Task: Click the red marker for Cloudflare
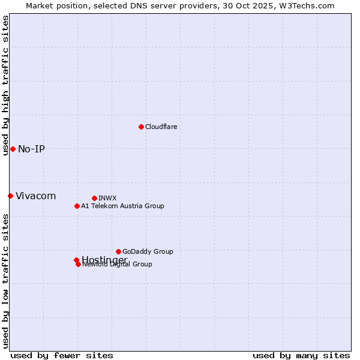coord(141,127)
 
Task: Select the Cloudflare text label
coord(161,127)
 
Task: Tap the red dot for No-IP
coord(13,149)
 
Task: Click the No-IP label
coord(31,149)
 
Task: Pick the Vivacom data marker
coord(10,196)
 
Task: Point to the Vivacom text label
coord(35,196)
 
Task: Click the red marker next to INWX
coord(94,198)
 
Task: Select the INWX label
coord(107,198)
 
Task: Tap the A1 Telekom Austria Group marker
coord(77,206)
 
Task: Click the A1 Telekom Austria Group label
coord(122,206)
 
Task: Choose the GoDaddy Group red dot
coord(118,251)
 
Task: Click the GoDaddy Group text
coord(148,251)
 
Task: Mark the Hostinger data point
coord(76,260)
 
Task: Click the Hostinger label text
coord(104,259)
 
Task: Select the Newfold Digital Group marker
coord(78,264)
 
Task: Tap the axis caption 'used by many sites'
coord(301,355)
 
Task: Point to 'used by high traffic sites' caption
coord(5,85)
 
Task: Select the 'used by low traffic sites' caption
coord(5,281)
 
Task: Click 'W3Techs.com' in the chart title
coord(309,5)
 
